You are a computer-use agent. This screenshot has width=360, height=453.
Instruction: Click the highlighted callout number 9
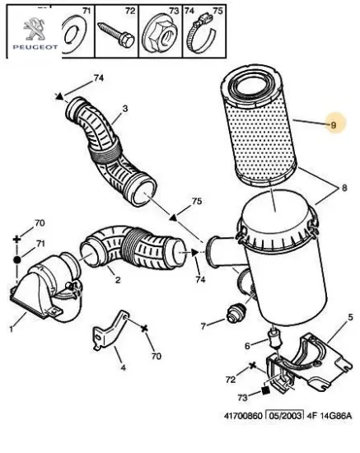(334, 125)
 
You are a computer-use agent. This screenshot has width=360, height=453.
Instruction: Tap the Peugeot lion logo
(34, 29)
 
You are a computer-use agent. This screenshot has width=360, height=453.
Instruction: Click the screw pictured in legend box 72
(116, 35)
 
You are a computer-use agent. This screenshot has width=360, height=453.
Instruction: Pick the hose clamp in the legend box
(201, 35)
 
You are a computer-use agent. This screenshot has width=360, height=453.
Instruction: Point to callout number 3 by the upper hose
(125, 109)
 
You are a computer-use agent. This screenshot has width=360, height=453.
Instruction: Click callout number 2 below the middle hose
(117, 280)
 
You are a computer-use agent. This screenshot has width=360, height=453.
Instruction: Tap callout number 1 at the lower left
(11, 329)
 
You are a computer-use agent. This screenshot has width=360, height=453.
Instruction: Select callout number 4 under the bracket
(123, 368)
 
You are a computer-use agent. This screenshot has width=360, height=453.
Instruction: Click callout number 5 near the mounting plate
(350, 317)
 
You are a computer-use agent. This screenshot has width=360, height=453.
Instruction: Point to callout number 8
(344, 188)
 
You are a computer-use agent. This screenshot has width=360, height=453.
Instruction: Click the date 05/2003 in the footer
(285, 415)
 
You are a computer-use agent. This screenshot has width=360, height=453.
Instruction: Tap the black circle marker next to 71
(17, 259)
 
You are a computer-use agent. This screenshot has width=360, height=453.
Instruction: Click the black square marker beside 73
(265, 390)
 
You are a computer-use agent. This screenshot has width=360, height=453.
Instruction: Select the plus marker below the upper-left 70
(17, 240)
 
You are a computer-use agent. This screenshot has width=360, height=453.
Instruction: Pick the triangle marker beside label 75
(173, 217)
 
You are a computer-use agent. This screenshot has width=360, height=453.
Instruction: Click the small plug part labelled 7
(236, 315)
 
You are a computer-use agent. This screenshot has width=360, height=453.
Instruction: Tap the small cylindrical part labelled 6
(275, 339)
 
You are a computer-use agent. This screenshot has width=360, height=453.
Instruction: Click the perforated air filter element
(259, 125)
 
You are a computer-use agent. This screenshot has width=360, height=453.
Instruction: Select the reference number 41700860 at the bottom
(243, 416)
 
